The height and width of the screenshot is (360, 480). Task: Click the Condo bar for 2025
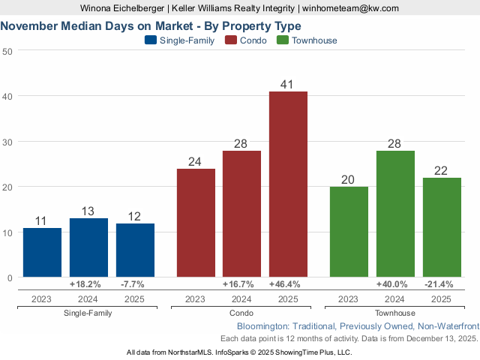(288, 184)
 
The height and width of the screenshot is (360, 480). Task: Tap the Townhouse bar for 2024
(395, 214)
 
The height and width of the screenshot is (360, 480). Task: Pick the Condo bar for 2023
(195, 223)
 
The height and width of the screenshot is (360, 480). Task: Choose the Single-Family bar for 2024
(88, 247)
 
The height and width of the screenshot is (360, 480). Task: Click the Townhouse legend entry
(307, 40)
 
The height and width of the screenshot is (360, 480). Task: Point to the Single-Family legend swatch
(151, 40)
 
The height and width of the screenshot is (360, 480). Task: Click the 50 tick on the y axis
(7, 51)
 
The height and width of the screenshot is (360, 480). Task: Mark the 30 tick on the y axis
(7, 142)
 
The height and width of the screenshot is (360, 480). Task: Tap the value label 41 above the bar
(288, 84)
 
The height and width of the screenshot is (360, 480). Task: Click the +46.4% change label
(288, 285)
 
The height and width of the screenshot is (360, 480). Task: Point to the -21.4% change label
(442, 285)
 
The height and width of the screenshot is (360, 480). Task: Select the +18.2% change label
(88, 285)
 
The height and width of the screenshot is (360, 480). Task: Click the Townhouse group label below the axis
(395, 313)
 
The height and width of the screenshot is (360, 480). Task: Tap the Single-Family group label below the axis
(88, 313)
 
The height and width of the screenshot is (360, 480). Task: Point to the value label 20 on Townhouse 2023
(349, 179)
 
